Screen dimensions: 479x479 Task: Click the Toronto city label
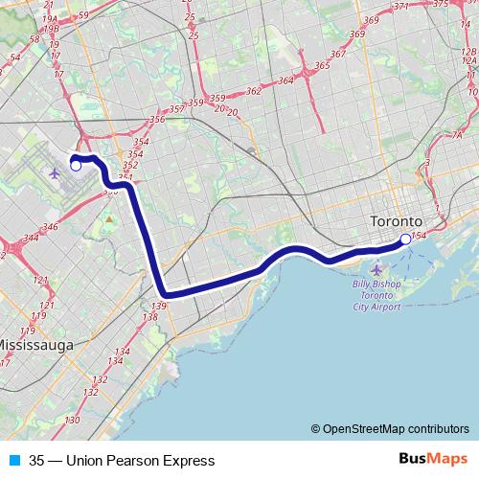click(x=396, y=222)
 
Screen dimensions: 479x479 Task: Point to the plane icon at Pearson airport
click(x=54, y=173)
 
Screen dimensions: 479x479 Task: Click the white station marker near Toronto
click(x=405, y=239)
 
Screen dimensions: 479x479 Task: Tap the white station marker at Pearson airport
click(x=76, y=166)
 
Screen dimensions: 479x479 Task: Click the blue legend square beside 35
click(x=13, y=461)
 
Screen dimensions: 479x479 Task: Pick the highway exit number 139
click(x=159, y=306)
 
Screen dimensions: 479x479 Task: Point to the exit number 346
click(x=51, y=227)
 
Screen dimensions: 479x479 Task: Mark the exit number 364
click(x=285, y=80)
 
